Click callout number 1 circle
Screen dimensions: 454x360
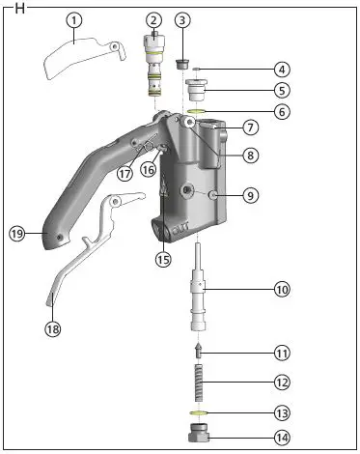[75, 20]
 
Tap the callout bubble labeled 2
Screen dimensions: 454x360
[153, 20]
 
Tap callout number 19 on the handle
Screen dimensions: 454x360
[17, 233]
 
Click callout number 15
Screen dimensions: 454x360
[162, 258]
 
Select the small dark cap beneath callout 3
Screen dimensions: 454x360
[182, 64]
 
